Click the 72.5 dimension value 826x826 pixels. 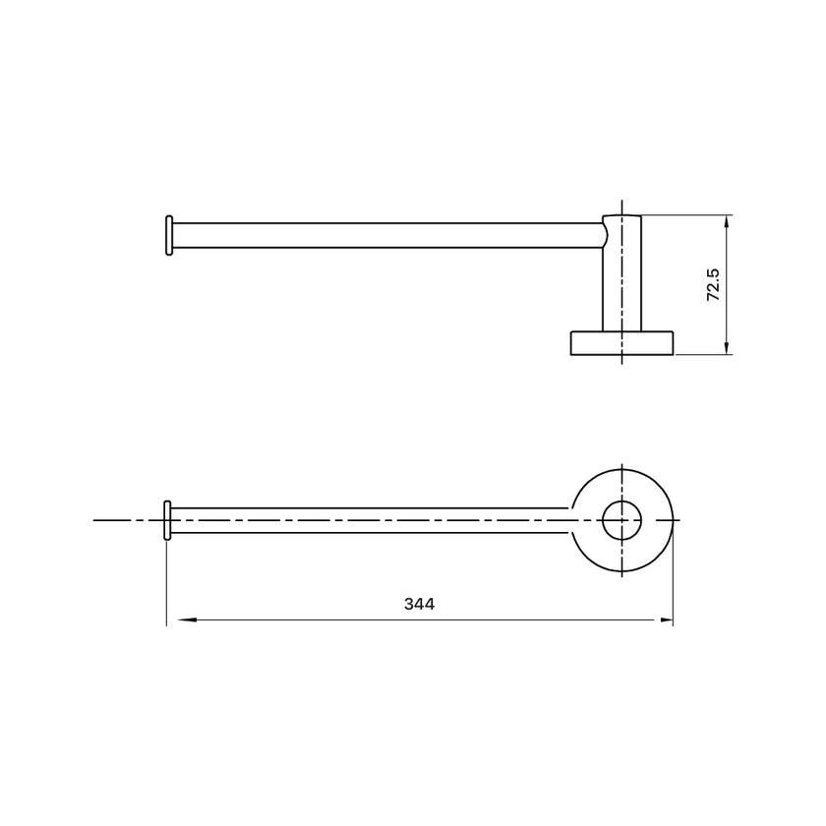coord(713,285)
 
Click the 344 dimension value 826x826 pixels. coord(419,604)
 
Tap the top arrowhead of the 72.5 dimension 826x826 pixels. coord(727,223)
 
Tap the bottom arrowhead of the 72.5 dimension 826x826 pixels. coord(727,346)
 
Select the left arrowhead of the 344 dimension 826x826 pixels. coord(187,620)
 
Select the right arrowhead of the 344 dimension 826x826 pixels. coord(665,620)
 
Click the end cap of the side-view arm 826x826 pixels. coord(169,235)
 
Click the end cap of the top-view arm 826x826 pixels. coord(167,520)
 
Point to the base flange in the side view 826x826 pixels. coord(622,343)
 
